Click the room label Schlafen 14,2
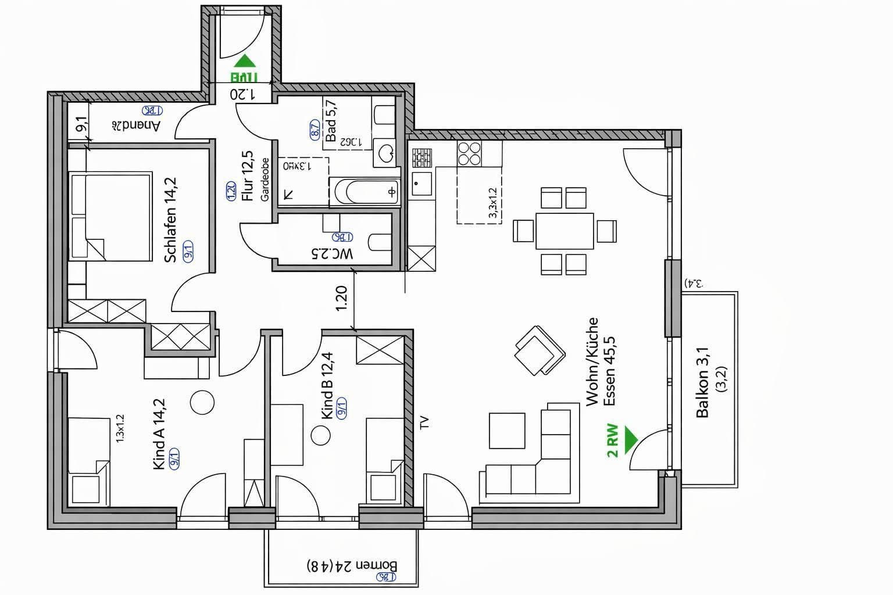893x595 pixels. (170, 220)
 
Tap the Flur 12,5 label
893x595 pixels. (248, 175)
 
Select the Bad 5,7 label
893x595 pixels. (331, 120)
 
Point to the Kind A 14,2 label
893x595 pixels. (159, 433)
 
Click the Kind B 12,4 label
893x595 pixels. (327, 385)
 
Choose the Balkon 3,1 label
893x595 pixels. (703, 382)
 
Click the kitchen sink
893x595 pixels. (422, 184)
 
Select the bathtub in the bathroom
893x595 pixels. (366, 192)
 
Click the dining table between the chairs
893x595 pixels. (565, 231)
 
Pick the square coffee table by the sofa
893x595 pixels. (507, 431)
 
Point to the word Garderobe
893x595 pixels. (265, 180)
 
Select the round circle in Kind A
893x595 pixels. (202, 402)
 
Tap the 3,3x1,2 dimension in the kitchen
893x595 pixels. (492, 203)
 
